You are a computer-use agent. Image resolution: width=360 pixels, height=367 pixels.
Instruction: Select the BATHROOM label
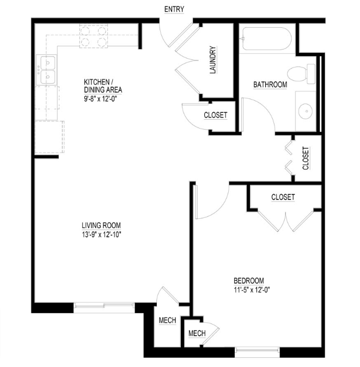point(270,84)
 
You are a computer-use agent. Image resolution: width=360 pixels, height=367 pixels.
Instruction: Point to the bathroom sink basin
point(306,112)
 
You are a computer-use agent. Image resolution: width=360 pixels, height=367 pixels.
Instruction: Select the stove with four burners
point(93,35)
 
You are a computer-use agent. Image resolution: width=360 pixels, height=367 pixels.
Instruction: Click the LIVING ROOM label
point(101,225)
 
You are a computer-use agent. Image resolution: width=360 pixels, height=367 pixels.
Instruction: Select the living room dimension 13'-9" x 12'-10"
point(101,235)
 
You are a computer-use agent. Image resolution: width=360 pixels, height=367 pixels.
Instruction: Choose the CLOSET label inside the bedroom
point(283,197)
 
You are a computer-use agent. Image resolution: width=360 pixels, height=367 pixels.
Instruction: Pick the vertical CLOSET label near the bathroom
point(306,158)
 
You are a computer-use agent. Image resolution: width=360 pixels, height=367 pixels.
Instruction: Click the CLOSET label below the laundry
point(215,115)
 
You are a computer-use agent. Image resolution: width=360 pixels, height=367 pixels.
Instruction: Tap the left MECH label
point(167,321)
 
